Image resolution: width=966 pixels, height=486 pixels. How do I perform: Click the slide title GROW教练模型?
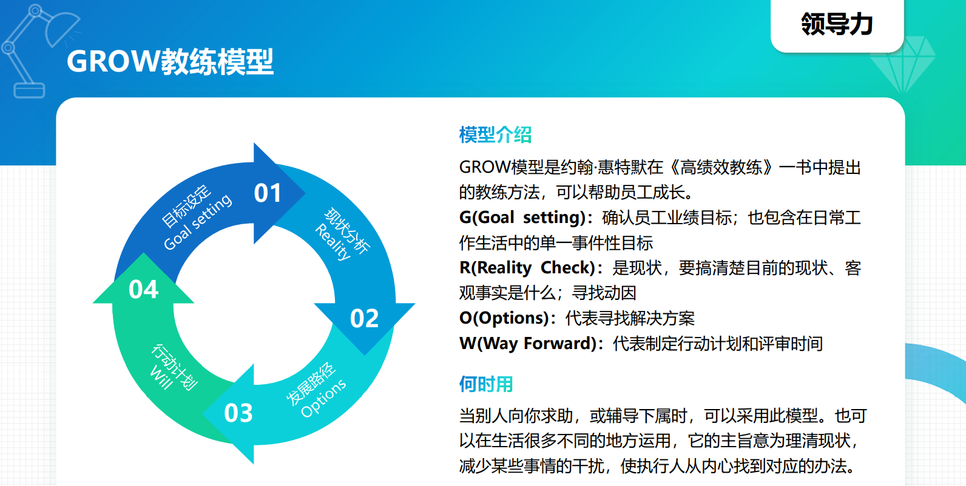[x=170, y=62]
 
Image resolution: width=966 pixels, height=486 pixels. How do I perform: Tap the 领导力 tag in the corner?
[x=837, y=24]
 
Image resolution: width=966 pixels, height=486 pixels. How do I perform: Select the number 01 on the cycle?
[x=268, y=193]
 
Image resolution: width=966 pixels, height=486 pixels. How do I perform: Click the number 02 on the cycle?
[x=365, y=318]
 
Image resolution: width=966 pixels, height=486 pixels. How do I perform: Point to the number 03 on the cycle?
[x=238, y=413]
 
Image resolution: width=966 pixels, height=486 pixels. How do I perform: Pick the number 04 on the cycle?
[x=144, y=289]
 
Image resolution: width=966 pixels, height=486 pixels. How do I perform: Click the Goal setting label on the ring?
[x=198, y=222]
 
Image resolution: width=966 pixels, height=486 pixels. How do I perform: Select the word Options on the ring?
[x=323, y=399]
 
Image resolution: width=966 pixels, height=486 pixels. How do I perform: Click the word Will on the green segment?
[x=160, y=378]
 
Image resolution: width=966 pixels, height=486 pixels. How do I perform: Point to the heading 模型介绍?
[x=495, y=135]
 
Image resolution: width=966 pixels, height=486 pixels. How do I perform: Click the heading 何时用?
[x=486, y=384]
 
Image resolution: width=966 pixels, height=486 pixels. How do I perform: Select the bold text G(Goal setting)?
[x=522, y=217]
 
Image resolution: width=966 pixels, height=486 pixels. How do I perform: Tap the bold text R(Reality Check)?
[x=527, y=268]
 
